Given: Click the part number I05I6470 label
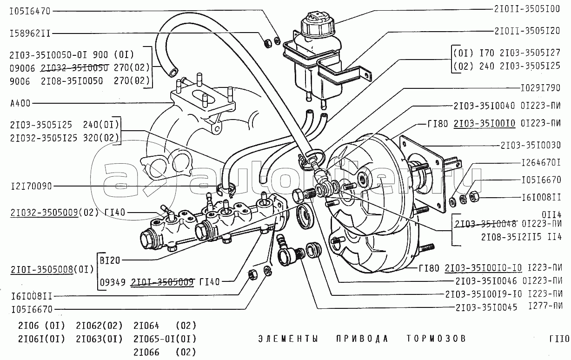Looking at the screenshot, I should click(x=29, y=10).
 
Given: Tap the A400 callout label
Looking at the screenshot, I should click(x=19, y=103).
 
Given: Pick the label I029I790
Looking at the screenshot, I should click(x=540, y=87).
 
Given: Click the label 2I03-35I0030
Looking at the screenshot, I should click(x=530, y=145).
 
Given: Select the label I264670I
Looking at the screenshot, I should click(x=541, y=163).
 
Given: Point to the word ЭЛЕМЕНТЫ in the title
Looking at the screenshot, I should click(x=288, y=339).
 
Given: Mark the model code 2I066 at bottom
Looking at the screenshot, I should click(x=146, y=352).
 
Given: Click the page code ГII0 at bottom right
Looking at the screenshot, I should click(x=558, y=339).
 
